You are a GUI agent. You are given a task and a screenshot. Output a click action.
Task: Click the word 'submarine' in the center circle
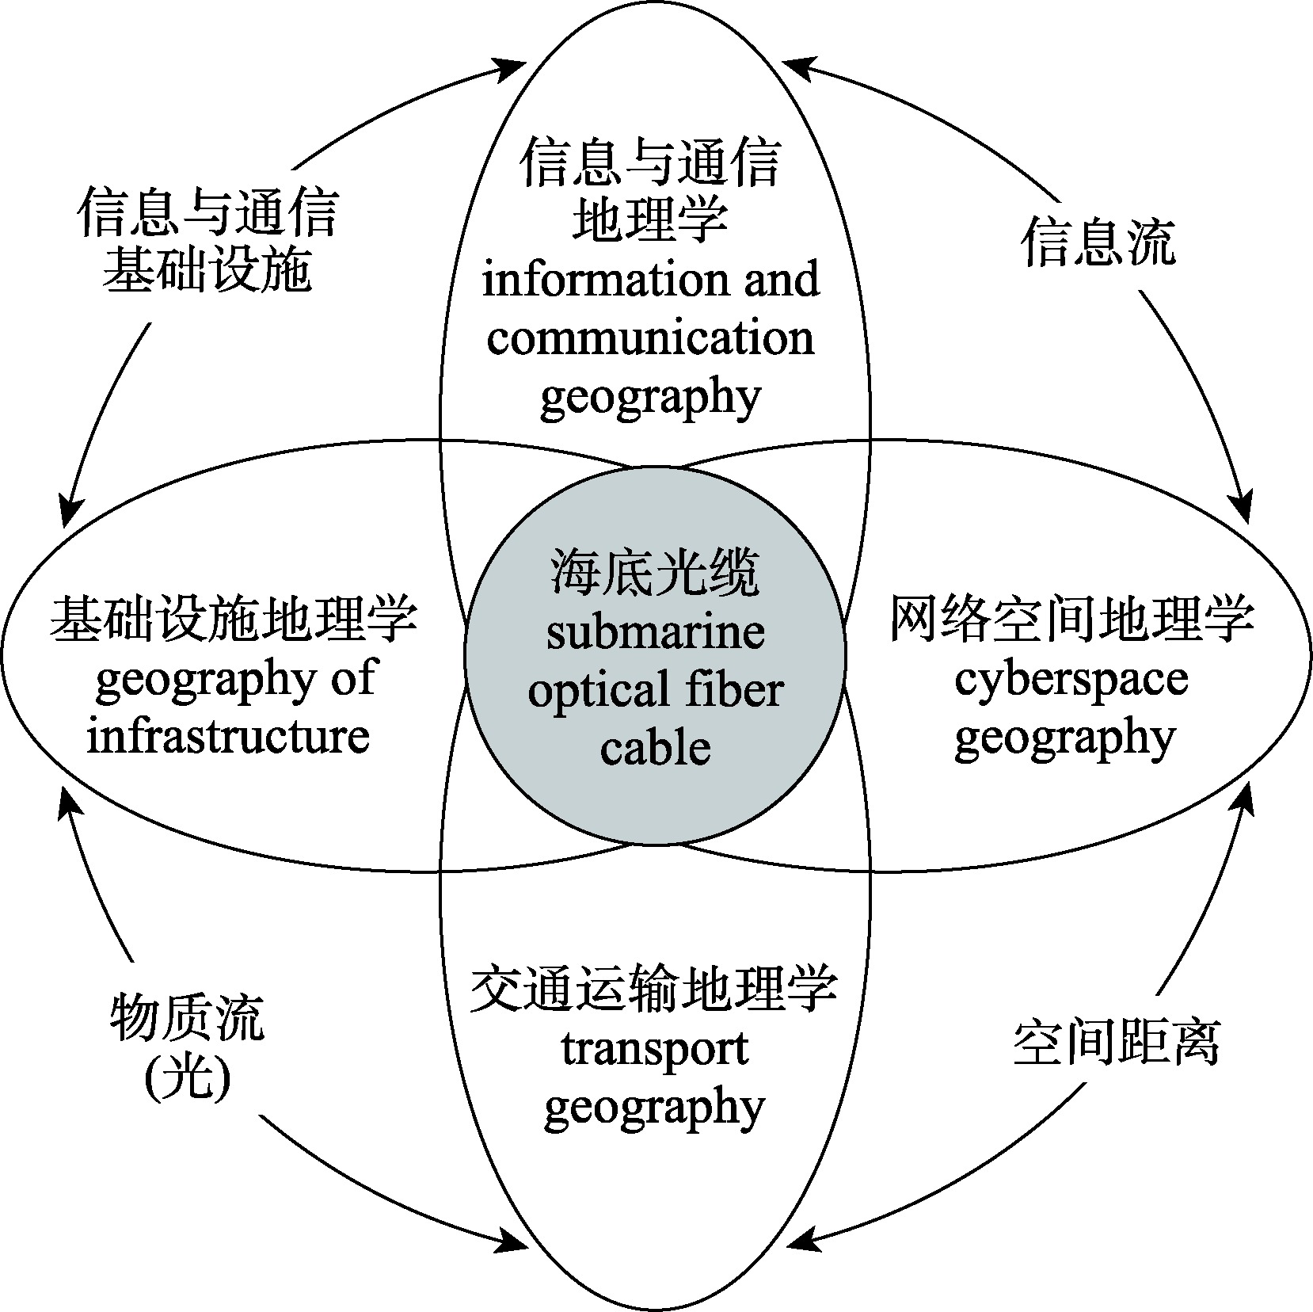(655, 632)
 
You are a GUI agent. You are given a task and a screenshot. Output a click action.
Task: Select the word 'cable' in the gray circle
(655, 748)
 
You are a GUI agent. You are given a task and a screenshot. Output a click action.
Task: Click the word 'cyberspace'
(1071, 680)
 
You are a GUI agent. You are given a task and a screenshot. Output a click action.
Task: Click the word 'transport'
(655, 1050)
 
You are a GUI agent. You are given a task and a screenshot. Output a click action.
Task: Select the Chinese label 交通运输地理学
(654, 990)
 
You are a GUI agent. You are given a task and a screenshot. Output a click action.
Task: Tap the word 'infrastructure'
(228, 737)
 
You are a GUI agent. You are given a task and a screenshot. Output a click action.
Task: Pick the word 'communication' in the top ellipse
(650, 338)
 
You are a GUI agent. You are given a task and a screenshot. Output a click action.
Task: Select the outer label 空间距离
(1117, 1043)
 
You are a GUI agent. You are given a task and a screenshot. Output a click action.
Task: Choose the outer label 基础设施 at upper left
(207, 272)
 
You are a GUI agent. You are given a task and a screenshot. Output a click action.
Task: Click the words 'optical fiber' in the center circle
(655, 690)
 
